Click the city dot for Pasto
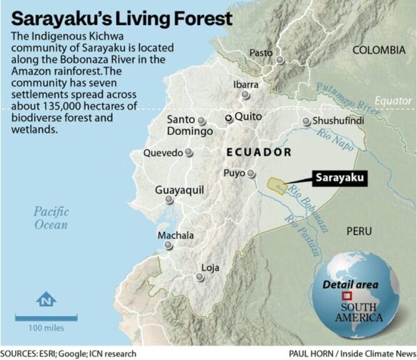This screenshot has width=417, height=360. point(281,58)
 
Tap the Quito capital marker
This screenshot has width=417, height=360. point(229,116)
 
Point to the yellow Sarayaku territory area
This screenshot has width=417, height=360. point(275,186)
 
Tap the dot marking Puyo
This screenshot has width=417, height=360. point(251,174)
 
